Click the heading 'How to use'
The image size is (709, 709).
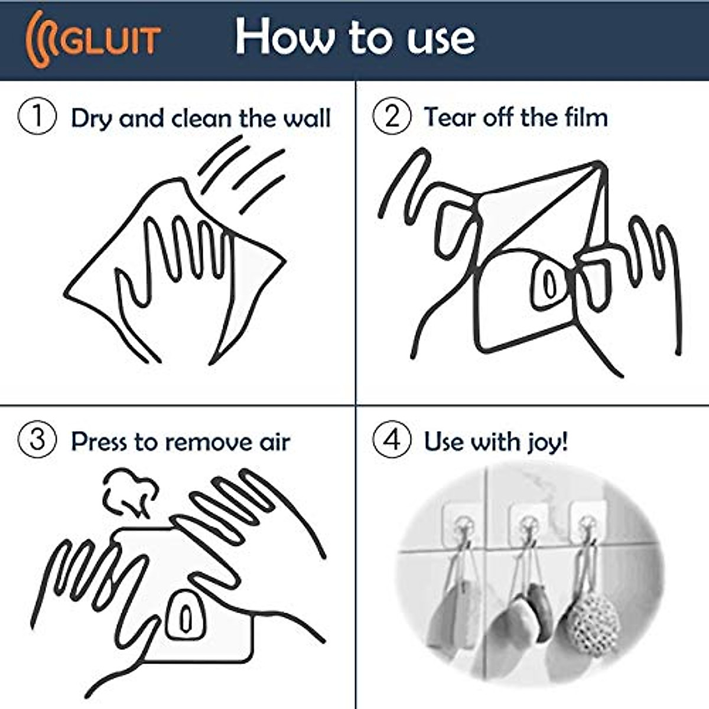tap(354, 37)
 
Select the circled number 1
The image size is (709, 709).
tap(37, 116)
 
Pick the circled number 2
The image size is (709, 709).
tap(391, 116)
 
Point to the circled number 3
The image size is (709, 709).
tap(37, 441)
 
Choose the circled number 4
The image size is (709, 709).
tap(391, 441)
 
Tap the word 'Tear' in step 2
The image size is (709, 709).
tap(448, 117)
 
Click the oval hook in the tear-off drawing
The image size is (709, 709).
tap(550, 284)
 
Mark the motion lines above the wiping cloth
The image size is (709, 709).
tap(242, 171)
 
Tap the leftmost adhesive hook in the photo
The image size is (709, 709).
tap(464, 523)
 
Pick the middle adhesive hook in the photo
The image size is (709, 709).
tap(527, 523)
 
